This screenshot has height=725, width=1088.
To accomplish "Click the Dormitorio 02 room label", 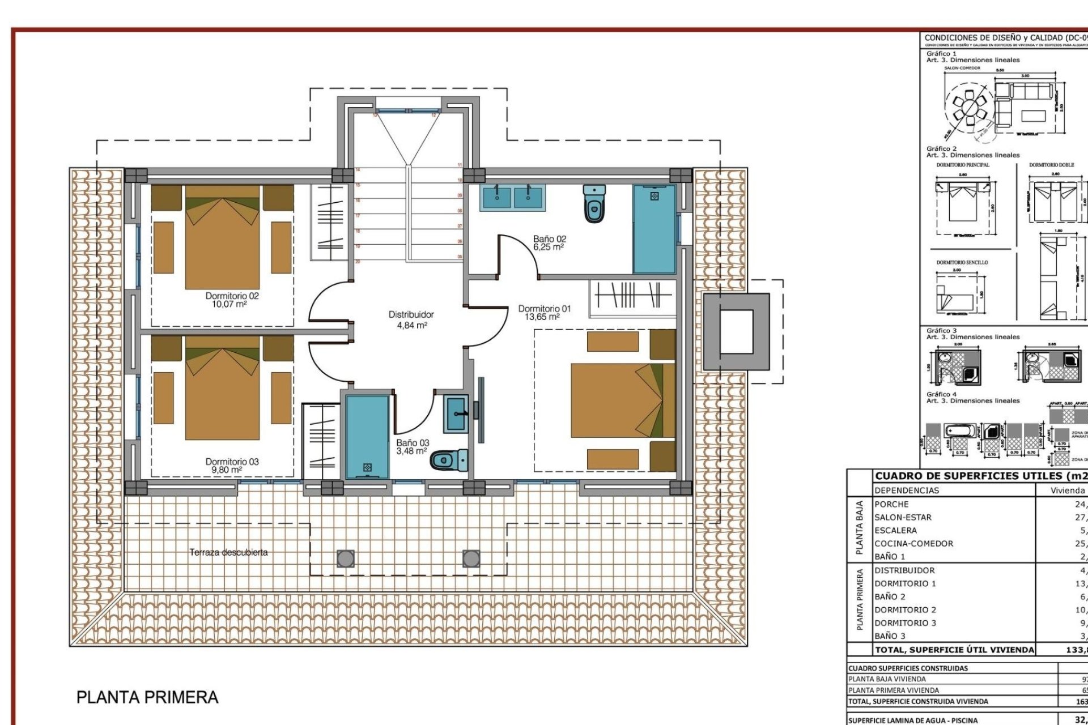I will (x=232, y=296).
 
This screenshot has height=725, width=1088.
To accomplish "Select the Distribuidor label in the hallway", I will (x=411, y=314).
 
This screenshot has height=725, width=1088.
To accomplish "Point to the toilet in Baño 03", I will (x=449, y=460).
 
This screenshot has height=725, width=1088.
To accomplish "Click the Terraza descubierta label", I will (x=228, y=552).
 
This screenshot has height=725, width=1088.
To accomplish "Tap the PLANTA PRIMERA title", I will (x=147, y=697).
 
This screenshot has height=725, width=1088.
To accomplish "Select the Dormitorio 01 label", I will (x=544, y=309).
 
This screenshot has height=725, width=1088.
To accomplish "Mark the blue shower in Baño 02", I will (x=654, y=229).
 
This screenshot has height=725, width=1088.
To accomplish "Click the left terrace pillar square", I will (x=345, y=558).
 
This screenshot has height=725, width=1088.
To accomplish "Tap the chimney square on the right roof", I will (x=736, y=331).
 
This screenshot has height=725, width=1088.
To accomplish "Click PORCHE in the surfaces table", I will (x=891, y=504).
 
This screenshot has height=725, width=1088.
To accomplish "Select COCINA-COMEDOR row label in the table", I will (x=913, y=544).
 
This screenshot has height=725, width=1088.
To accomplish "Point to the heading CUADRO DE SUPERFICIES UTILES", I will (x=980, y=476).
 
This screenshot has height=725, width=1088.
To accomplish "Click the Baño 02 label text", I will (x=549, y=239).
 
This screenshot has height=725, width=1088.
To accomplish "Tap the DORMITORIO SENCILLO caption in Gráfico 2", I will (x=962, y=262).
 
